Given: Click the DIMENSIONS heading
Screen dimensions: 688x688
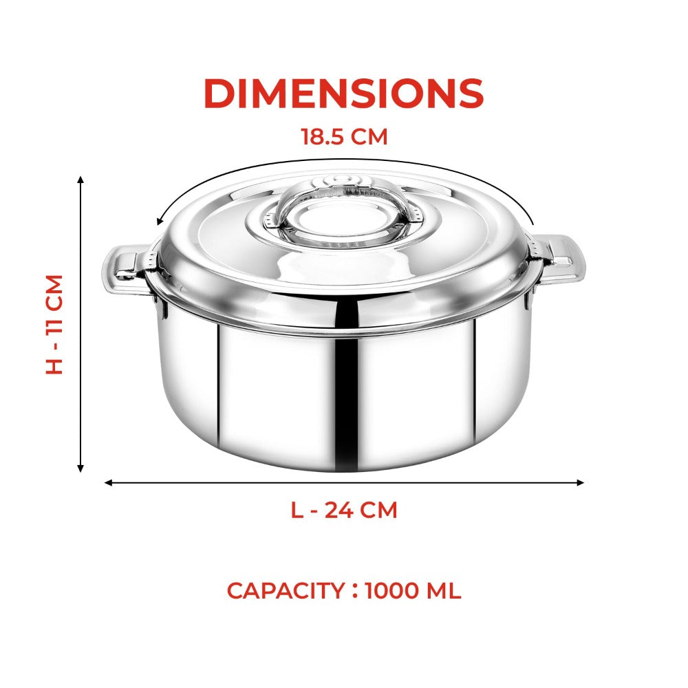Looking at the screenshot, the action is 344,94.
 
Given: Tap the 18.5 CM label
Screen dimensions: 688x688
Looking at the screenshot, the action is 345,136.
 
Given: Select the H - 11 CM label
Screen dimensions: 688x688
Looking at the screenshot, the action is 55,324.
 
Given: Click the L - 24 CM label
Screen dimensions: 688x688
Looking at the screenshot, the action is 344,510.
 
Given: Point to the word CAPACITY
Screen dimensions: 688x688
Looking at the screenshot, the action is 286,590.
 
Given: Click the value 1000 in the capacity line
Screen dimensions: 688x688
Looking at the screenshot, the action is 392,590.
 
